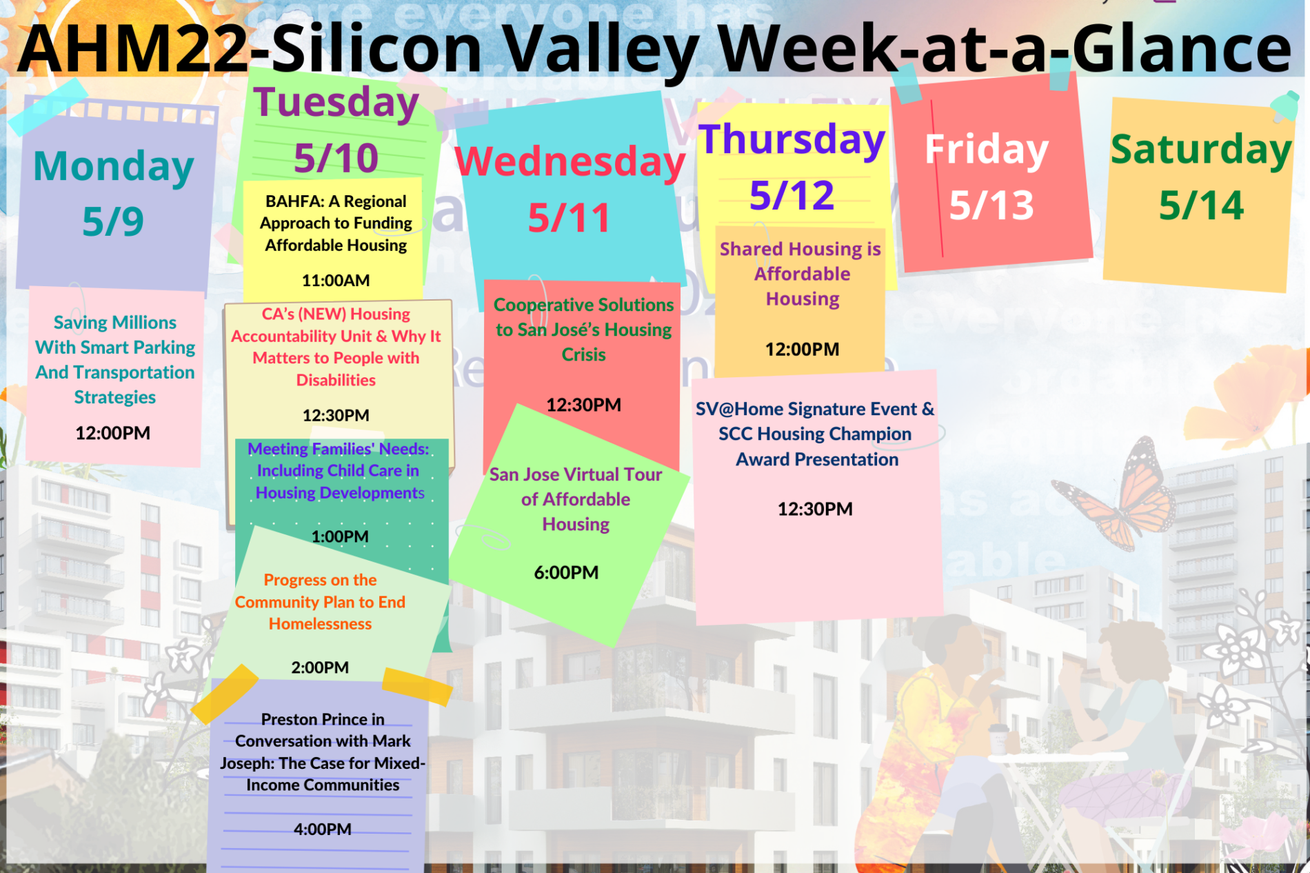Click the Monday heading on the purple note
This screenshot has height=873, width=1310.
click(114, 166)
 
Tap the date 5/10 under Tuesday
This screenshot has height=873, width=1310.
click(336, 158)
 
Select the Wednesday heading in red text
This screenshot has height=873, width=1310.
click(570, 162)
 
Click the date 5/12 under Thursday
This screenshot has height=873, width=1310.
click(792, 195)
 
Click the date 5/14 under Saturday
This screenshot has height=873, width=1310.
click(1200, 205)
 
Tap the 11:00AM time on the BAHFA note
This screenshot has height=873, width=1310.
click(336, 281)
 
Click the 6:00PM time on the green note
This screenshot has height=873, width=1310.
click(566, 572)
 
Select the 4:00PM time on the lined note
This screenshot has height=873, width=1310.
click(322, 829)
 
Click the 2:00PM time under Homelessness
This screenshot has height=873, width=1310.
click(320, 668)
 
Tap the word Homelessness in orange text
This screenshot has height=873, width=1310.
click(320, 624)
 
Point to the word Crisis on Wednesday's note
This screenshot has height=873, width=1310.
click(583, 355)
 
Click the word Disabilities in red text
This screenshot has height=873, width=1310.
click(336, 381)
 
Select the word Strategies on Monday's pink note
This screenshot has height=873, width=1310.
click(115, 397)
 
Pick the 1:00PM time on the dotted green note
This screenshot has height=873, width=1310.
click(339, 536)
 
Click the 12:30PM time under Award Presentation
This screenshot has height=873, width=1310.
click(815, 509)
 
